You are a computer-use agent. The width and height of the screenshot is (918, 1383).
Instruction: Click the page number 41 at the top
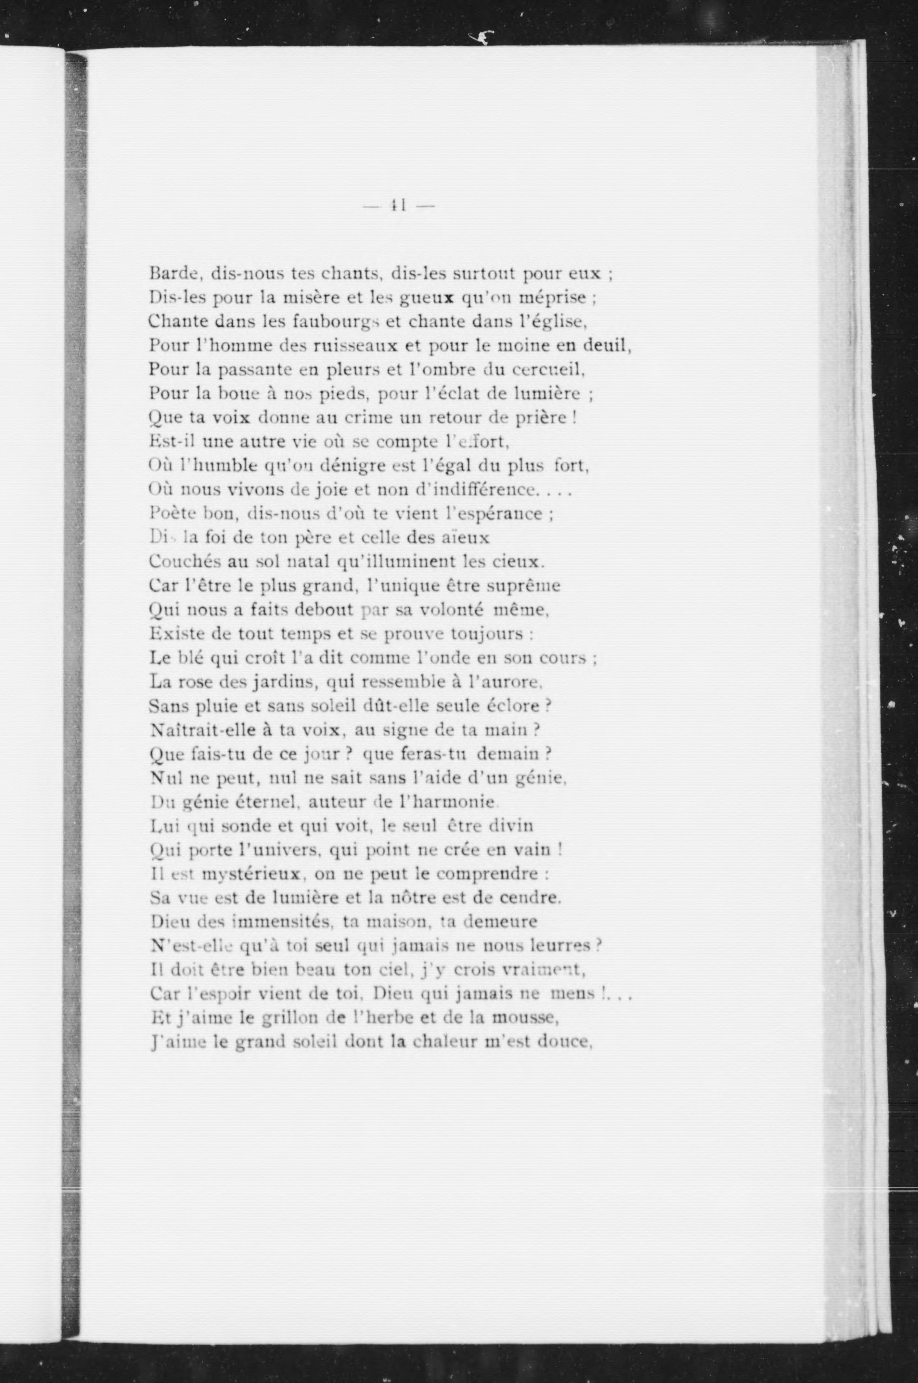pyautogui.click(x=398, y=206)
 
